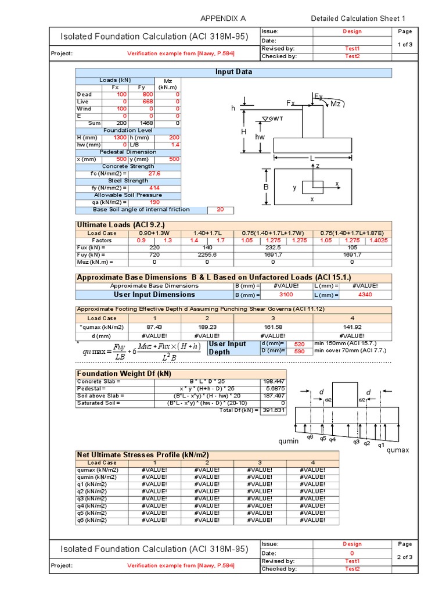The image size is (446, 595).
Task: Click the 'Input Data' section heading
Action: pyautogui.click(x=233, y=72)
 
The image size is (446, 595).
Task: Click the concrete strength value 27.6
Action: pyautogui.click(x=154, y=173)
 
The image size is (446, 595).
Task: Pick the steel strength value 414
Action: pyautogui.click(x=154, y=188)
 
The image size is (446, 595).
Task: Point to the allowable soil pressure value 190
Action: pyautogui.click(x=154, y=202)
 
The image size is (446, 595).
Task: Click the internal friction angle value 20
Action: pyautogui.click(x=220, y=210)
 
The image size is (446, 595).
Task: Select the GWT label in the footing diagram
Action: pyautogui.click(x=275, y=119)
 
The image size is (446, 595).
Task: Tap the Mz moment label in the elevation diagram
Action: pyautogui.click(x=336, y=103)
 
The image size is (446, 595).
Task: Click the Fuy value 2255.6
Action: pyautogui.click(x=207, y=255)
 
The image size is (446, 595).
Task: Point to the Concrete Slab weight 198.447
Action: pyautogui.click(x=274, y=382)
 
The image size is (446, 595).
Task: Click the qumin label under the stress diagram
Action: pyautogui.click(x=288, y=441)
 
